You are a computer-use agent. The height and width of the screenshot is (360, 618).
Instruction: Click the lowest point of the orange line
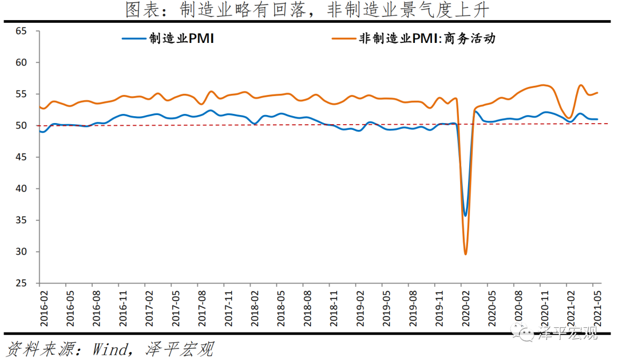465,254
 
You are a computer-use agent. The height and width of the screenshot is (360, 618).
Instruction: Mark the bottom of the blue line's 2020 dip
465,216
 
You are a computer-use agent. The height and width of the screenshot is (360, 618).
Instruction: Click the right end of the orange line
597,93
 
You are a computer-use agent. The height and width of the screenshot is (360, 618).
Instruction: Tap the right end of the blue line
597,119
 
